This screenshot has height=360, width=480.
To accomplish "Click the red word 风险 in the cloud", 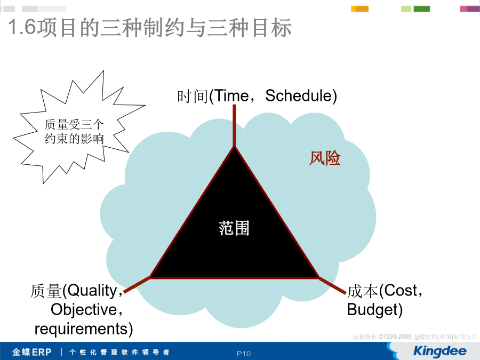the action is point(325,158).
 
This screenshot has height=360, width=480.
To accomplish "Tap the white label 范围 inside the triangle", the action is point(234,228).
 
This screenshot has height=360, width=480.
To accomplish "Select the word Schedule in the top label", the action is point(299,95).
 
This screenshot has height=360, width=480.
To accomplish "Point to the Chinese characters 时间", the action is point(193,96).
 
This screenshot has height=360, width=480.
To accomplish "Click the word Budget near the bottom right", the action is point(372,309).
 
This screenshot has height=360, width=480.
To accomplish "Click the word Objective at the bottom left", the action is point(84,310).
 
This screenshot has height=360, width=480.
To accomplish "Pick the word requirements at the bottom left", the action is point(81,329).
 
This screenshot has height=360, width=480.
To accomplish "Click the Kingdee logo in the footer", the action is point(439,351).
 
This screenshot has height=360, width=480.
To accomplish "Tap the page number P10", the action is point(244,354).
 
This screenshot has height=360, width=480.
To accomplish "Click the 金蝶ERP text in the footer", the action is point(32,352).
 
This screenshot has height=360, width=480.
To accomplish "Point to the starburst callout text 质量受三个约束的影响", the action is point(74,132).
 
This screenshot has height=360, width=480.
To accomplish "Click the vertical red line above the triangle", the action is point(234,126).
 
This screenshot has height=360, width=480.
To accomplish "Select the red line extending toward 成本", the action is point(332,285).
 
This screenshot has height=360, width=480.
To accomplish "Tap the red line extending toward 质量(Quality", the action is point(137,284).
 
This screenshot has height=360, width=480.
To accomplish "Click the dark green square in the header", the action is point(421,9).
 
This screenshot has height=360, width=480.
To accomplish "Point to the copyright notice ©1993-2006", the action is point(395,337).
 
